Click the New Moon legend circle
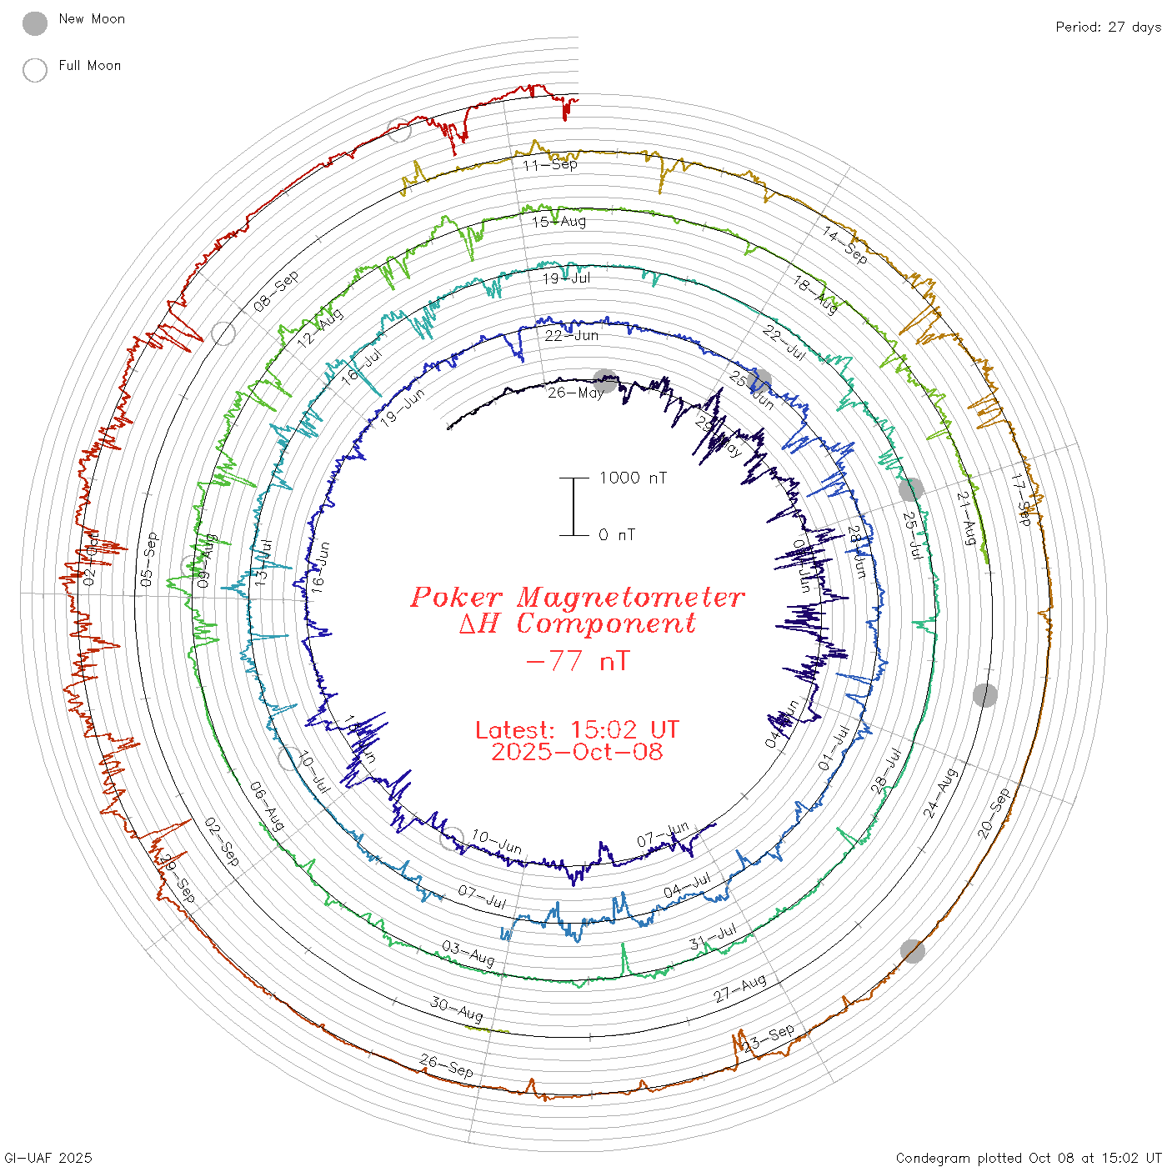(x=35, y=23)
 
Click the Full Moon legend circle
(x=35, y=70)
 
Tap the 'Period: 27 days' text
(x=1108, y=28)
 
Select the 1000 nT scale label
(x=633, y=478)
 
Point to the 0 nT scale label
(x=617, y=535)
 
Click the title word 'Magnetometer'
(x=630, y=597)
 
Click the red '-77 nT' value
(x=578, y=661)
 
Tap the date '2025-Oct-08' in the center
(x=577, y=752)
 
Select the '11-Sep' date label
(x=550, y=164)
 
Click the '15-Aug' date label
(x=559, y=222)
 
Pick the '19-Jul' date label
(x=567, y=278)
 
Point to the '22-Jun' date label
(x=572, y=336)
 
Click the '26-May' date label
(x=576, y=392)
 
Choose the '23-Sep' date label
(x=769, y=1038)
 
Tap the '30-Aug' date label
(x=457, y=1009)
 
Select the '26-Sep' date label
(x=447, y=1065)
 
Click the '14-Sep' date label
(x=845, y=245)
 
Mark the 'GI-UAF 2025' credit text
(x=48, y=1158)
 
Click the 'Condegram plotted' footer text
(x=959, y=1158)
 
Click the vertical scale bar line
(x=573, y=507)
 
